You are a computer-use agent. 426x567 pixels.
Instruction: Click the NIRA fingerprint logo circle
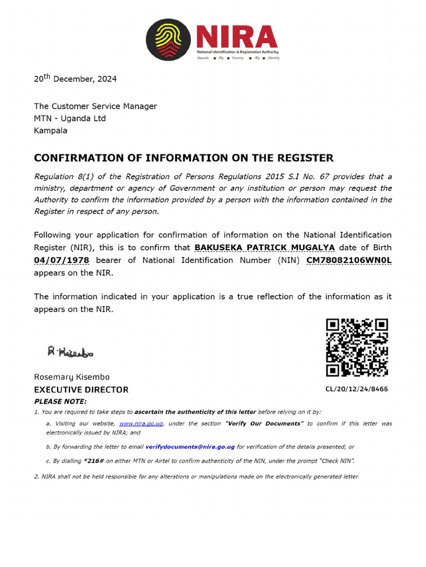(x=168, y=39)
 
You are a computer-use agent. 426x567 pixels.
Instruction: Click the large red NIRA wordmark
(x=236, y=37)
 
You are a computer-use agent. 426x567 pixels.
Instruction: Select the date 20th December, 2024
(x=75, y=79)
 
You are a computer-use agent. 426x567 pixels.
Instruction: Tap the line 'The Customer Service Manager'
(x=95, y=106)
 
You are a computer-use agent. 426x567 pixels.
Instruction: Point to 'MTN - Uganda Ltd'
(x=70, y=118)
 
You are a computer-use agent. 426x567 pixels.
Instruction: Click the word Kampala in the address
(x=50, y=131)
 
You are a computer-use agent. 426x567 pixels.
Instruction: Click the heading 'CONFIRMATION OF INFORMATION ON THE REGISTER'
(x=184, y=158)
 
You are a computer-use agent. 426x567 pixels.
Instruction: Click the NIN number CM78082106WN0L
(x=349, y=260)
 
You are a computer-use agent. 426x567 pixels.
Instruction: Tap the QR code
(x=357, y=347)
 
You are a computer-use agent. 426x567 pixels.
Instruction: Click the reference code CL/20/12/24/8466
(x=357, y=389)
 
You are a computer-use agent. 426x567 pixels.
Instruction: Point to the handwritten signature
(x=70, y=351)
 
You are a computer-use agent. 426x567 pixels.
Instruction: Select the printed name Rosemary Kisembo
(x=72, y=377)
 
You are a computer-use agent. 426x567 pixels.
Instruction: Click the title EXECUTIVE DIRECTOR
(x=81, y=390)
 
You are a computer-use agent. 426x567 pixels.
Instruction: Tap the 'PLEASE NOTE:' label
(x=60, y=401)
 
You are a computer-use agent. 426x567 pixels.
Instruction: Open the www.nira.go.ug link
(x=141, y=424)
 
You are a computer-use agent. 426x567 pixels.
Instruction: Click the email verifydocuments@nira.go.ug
(x=190, y=447)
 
